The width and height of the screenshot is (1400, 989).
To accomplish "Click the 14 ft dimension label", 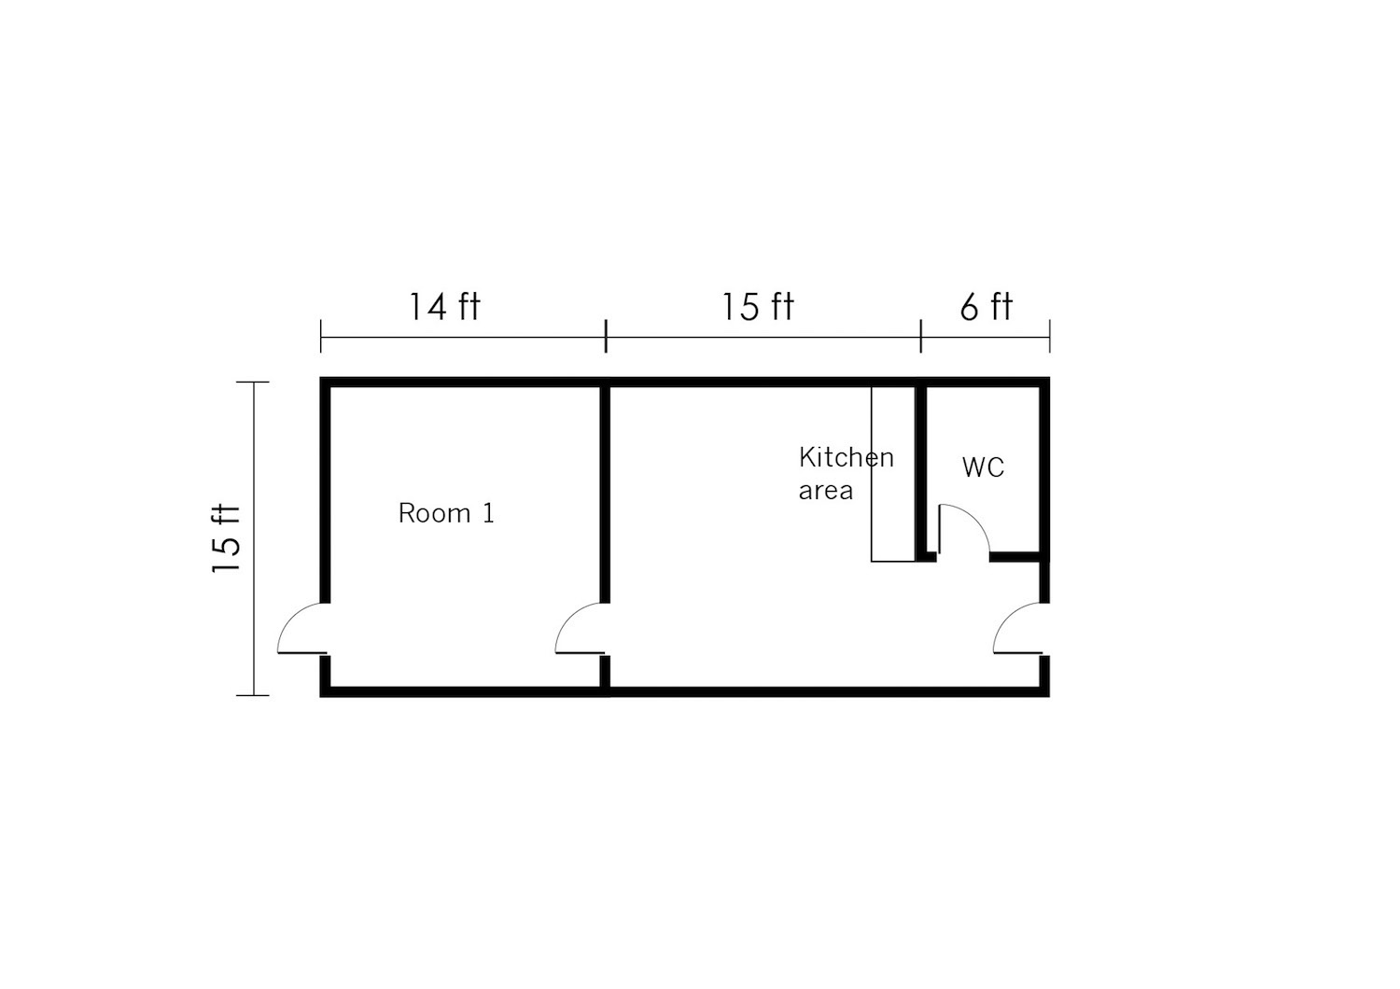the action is click(444, 307).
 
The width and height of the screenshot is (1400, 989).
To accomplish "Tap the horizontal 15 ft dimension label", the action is click(758, 307).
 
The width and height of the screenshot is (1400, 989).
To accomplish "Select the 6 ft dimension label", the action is click(987, 307).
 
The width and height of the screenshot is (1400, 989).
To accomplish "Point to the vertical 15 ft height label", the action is click(226, 538).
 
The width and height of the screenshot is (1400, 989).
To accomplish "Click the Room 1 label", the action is click(446, 513).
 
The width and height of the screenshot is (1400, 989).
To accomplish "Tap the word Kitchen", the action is click(847, 457).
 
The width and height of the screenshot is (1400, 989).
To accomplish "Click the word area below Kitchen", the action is click(826, 491).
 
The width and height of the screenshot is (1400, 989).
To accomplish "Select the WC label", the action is click(983, 467).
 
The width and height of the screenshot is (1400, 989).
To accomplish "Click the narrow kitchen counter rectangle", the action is click(893, 474).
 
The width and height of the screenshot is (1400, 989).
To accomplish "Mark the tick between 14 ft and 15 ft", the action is click(606, 336).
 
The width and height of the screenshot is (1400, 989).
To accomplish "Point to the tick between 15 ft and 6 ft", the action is click(920, 336).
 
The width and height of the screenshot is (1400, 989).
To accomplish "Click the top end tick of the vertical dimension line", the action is click(253, 382).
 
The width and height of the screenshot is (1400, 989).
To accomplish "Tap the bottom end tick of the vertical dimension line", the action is click(253, 695).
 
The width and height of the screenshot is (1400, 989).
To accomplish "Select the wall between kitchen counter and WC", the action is click(920, 474).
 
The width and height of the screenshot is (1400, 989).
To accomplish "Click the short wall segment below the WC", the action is click(1015, 557).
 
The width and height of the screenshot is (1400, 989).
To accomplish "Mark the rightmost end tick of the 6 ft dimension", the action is click(1049, 336).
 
